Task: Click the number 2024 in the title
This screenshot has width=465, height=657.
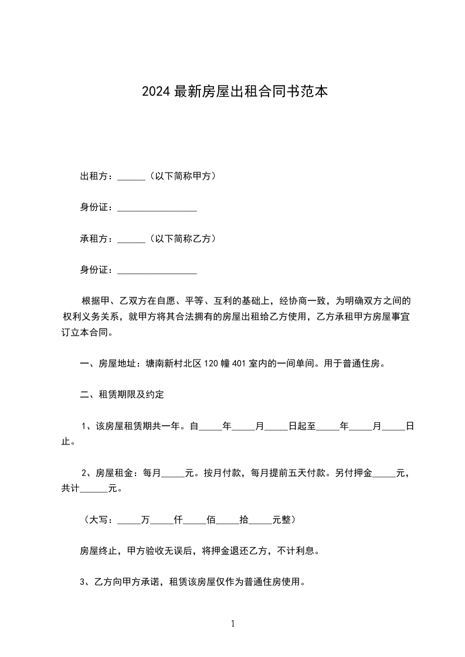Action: click(156, 91)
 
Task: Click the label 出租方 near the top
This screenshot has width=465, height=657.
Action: click(94, 176)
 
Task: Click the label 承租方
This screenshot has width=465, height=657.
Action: click(94, 239)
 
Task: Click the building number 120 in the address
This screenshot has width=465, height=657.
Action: click(211, 364)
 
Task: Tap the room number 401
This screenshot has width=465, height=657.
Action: click(239, 364)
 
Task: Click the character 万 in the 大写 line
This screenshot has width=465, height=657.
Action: click(146, 519)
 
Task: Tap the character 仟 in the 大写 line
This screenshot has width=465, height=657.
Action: click(179, 519)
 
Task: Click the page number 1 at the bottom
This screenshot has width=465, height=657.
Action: click(233, 624)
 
